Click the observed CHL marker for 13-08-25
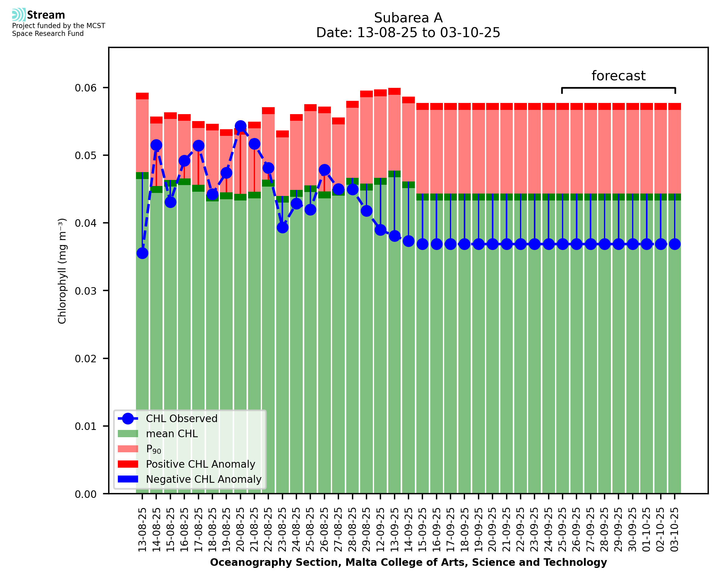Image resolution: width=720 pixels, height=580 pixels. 142,253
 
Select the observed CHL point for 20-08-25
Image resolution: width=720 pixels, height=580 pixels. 240,126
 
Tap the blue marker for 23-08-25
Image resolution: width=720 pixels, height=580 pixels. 283,228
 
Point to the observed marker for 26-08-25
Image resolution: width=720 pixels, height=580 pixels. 324,170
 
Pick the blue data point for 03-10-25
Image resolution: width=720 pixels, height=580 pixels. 675,244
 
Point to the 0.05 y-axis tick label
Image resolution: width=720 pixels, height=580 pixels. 86,156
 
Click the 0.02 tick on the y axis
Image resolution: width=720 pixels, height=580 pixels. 86,359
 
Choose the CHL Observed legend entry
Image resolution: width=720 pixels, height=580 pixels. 182,419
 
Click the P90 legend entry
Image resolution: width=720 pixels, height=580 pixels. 153,449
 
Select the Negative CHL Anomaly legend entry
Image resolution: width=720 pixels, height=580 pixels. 204,479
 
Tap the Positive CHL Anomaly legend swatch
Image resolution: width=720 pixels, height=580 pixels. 128,464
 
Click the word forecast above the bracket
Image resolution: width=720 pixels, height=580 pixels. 618,76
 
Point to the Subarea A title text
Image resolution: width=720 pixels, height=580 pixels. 408,18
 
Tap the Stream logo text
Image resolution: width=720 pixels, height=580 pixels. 46,15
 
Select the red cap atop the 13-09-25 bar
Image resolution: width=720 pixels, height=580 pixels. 394,91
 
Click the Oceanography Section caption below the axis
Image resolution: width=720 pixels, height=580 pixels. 408,562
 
